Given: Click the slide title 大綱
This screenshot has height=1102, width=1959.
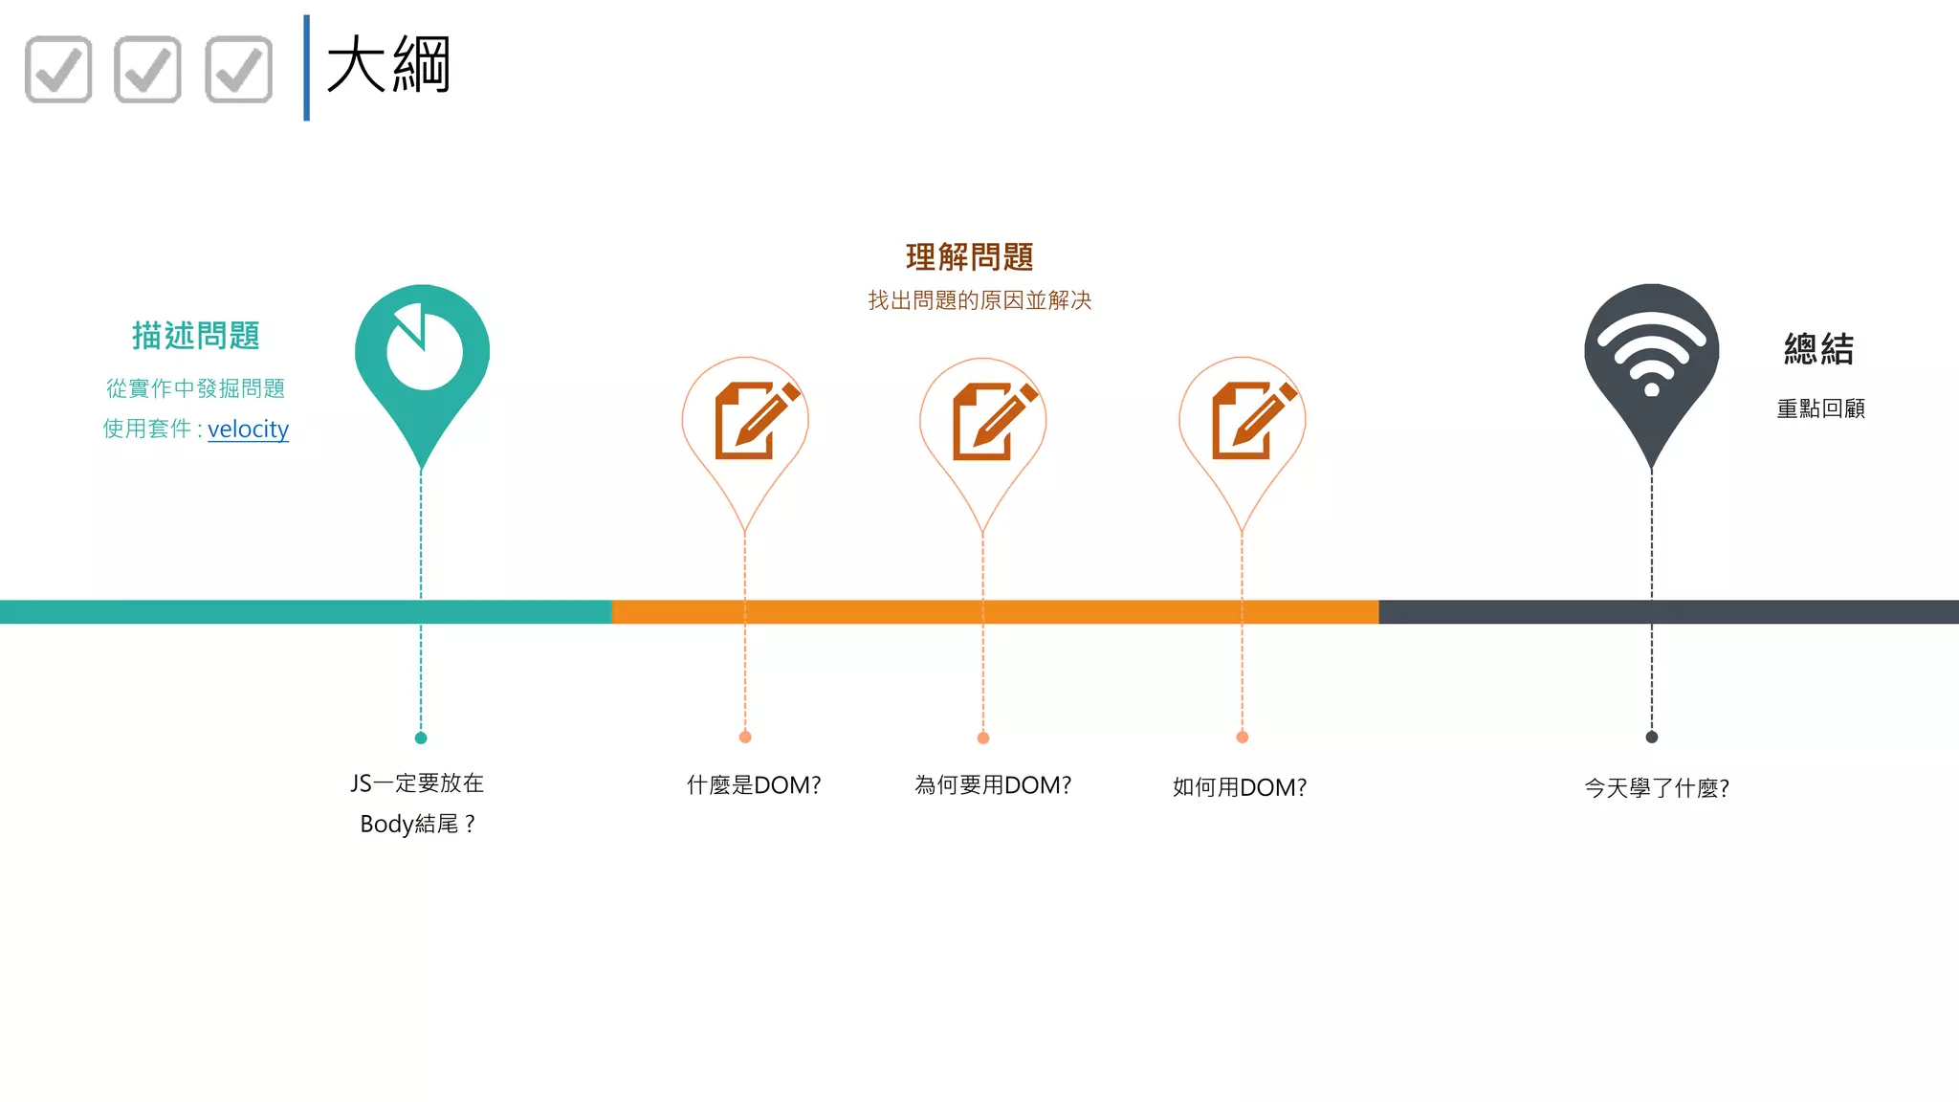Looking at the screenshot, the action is tap(388, 65).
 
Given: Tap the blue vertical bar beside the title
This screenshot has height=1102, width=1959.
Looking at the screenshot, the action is tap(306, 68).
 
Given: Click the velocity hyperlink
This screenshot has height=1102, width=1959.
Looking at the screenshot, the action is tap(248, 429).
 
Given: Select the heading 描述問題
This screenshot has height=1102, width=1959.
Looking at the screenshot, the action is tap(196, 336).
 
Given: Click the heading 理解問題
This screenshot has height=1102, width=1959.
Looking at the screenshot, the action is tap(969, 256).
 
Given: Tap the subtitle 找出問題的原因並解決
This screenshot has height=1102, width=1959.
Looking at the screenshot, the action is tap(979, 300).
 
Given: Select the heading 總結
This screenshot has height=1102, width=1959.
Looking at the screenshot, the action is tap(1818, 349).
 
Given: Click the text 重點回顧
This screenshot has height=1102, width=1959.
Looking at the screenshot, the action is tap(1820, 408).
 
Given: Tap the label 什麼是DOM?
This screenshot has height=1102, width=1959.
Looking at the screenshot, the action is tap(754, 785).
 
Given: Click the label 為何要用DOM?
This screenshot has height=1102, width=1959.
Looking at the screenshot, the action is tap(993, 785).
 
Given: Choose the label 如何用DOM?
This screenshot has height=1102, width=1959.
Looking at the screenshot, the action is tap(1239, 787).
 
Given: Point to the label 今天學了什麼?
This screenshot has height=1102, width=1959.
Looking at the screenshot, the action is tap(1656, 788).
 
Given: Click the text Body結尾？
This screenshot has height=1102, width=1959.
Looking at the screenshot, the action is tap(417, 824).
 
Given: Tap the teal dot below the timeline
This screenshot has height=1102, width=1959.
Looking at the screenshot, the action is tap(421, 738).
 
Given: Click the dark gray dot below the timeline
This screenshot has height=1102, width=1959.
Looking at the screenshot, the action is tap(1651, 737).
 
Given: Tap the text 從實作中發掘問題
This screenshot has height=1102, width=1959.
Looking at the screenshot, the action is tap(196, 388).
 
